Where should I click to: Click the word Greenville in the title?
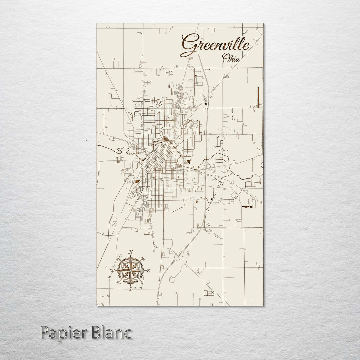[x=215, y=45]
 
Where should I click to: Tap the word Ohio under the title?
[x=231, y=58]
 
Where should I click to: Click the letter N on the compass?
[x=131, y=252]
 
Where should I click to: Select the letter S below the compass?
[x=130, y=289]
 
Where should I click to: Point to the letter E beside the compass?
[x=148, y=271]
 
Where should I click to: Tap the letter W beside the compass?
[x=112, y=271]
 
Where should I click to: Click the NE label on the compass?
[x=143, y=258]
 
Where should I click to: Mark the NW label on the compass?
[x=118, y=258]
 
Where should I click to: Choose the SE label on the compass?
[x=143, y=283]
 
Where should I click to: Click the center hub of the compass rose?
[x=131, y=270]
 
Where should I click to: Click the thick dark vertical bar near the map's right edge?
[x=258, y=97]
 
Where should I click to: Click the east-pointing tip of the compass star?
[x=144, y=270]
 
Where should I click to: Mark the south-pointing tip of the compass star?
[x=131, y=285]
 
